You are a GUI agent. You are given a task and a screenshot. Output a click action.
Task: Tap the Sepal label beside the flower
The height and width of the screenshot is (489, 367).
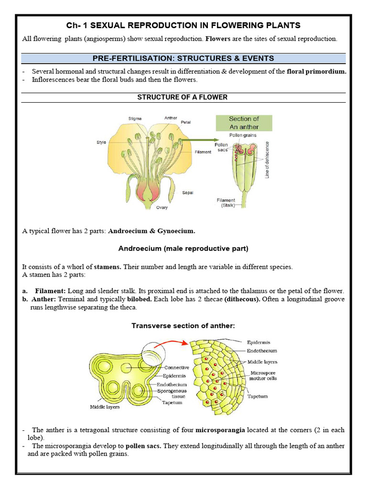tap(187, 193)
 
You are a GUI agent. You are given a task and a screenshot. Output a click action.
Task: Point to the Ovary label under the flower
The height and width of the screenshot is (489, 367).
tap(162, 208)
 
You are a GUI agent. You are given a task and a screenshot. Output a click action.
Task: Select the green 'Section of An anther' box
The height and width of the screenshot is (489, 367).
tap(244, 123)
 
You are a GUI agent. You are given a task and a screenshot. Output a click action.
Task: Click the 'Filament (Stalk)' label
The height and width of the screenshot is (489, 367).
tap(225, 203)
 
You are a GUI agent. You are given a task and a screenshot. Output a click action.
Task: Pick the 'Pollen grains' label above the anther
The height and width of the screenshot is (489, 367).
tap(243, 135)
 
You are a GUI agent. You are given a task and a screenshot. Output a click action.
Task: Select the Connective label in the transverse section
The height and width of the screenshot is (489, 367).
tap(176, 368)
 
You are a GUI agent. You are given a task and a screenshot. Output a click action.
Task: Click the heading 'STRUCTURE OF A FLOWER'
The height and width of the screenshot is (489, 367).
tap(183, 97)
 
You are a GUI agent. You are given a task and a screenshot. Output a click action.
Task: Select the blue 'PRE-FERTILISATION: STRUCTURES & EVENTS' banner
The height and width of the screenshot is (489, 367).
tap(183, 58)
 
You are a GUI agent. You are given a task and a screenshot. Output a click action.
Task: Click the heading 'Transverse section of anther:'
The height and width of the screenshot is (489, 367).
tap(183, 326)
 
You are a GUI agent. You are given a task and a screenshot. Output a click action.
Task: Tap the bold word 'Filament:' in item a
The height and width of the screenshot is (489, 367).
tap(50, 290)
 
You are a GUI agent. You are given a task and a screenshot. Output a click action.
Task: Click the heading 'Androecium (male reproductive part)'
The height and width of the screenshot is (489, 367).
tap(183, 248)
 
